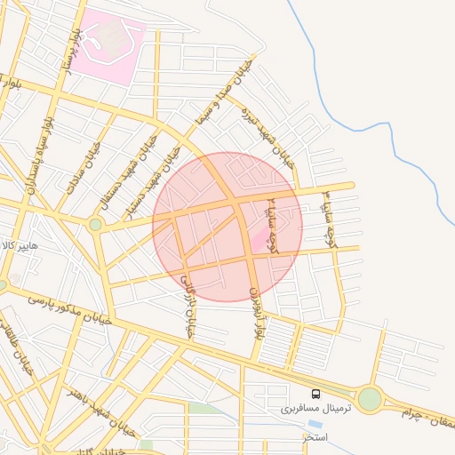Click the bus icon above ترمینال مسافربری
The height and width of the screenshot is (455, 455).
coord(315,394)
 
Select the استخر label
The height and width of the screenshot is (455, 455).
coord(315,438)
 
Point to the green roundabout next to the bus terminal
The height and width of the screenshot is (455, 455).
coord(370,399)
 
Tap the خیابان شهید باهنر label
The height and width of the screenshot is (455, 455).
coord(98,409)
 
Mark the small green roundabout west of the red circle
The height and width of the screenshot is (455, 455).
coord(95,225)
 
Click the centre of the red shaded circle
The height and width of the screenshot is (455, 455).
coord(227,227)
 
